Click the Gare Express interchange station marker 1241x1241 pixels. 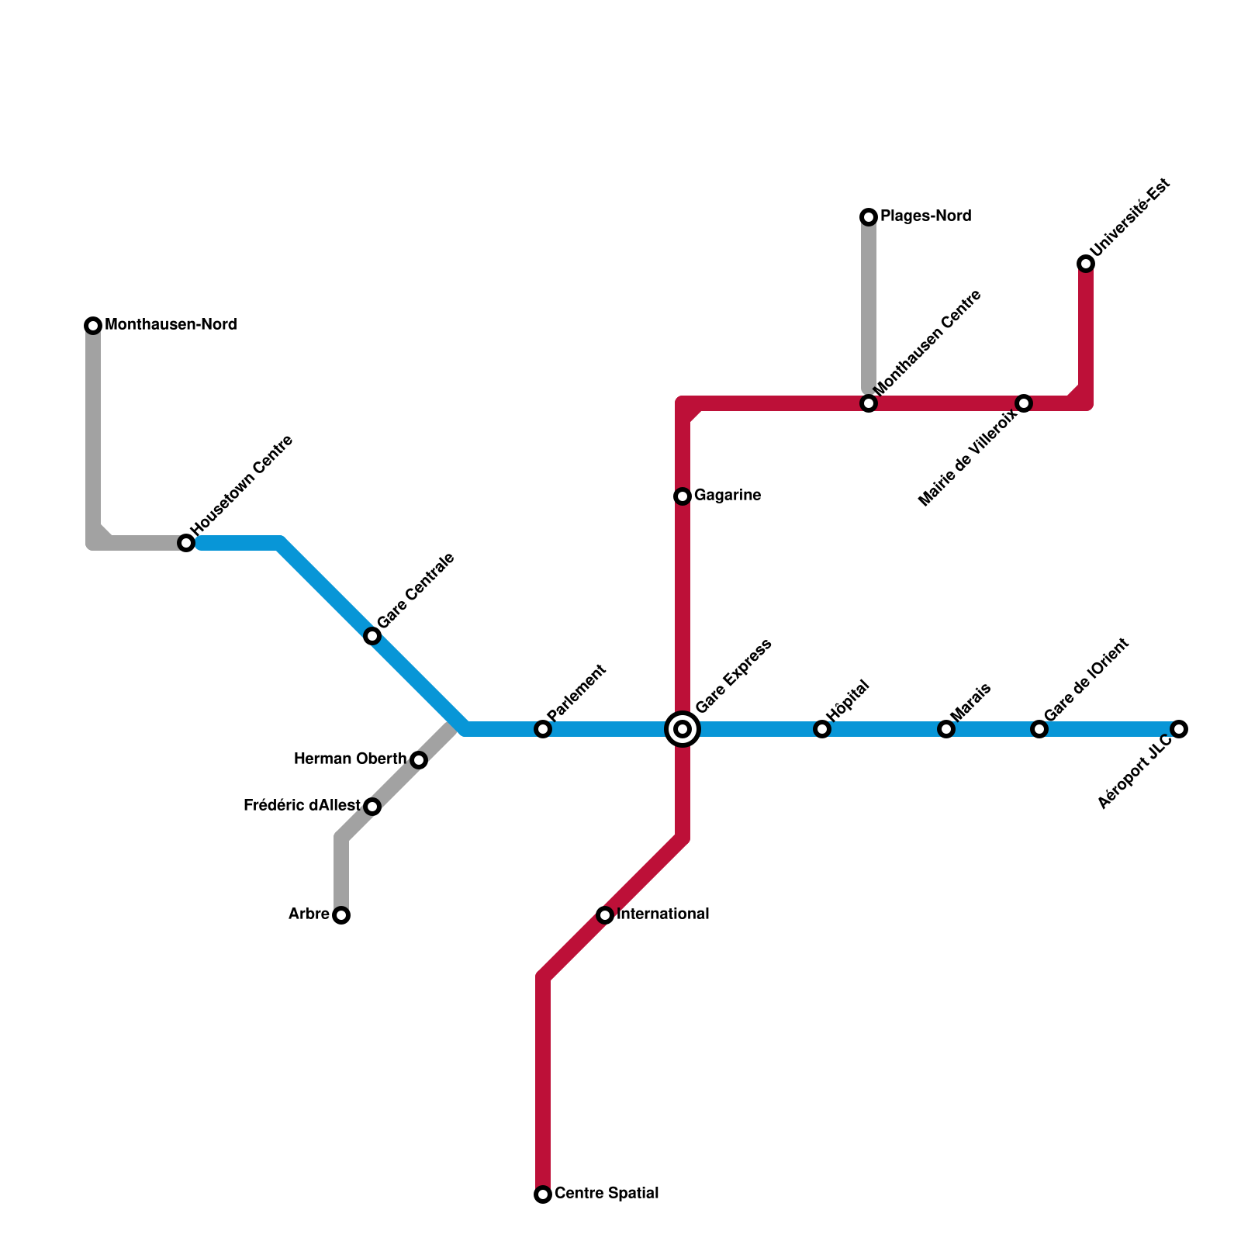(x=683, y=729)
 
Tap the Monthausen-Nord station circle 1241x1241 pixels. (x=93, y=326)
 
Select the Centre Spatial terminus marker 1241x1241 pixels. (x=543, y=1194)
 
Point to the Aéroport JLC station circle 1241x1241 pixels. (x=1179, y=729)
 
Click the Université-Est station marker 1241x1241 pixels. (x=1086, y=264)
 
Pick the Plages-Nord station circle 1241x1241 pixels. (x=869, y=217)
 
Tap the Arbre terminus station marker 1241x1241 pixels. (x=341, y=915)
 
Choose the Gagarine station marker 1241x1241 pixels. (x=683, y=496)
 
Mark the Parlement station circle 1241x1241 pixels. (x=543, y=729)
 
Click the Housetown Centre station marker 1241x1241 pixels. (x=186, y=543)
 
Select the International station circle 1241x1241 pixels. (x=605, y=915)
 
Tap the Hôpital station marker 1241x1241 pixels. (x=822, y=729)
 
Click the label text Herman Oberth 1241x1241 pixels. (x=350, y=759)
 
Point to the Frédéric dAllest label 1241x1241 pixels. (x=302, y=806)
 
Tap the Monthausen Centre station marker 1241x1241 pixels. (x=869, y=403)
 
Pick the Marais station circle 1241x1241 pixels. (x=946, y=729)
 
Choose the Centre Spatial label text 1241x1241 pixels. (x=607, y=1194)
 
